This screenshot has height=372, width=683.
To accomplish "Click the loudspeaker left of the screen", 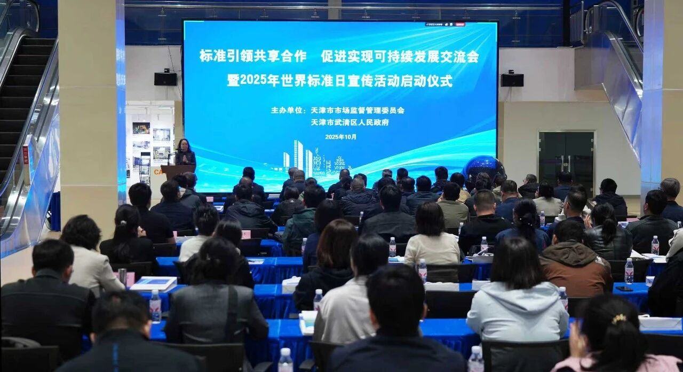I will pyautogui.click(x=165, y=79).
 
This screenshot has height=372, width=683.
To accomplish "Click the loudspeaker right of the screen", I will pyautogui.click(x=512, y=80).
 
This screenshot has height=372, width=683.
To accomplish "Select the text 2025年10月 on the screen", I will pyautogui.click(x=340, y=137).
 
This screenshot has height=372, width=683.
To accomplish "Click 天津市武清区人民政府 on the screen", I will pyautogui.click(x=350, y=122).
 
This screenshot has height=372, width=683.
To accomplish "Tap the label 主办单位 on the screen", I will pyautogui.click(x=288, y=111).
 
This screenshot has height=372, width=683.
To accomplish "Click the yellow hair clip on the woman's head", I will pyautogui.click(x=619, y=319).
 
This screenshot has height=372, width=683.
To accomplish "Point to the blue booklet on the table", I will pyautogui.click(x=154, y=283).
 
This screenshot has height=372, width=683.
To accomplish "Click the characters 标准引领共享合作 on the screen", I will pyautogui.click(x=253, y=56).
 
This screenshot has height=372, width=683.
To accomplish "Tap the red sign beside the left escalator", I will pyautogui.click(x=25, y=154).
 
